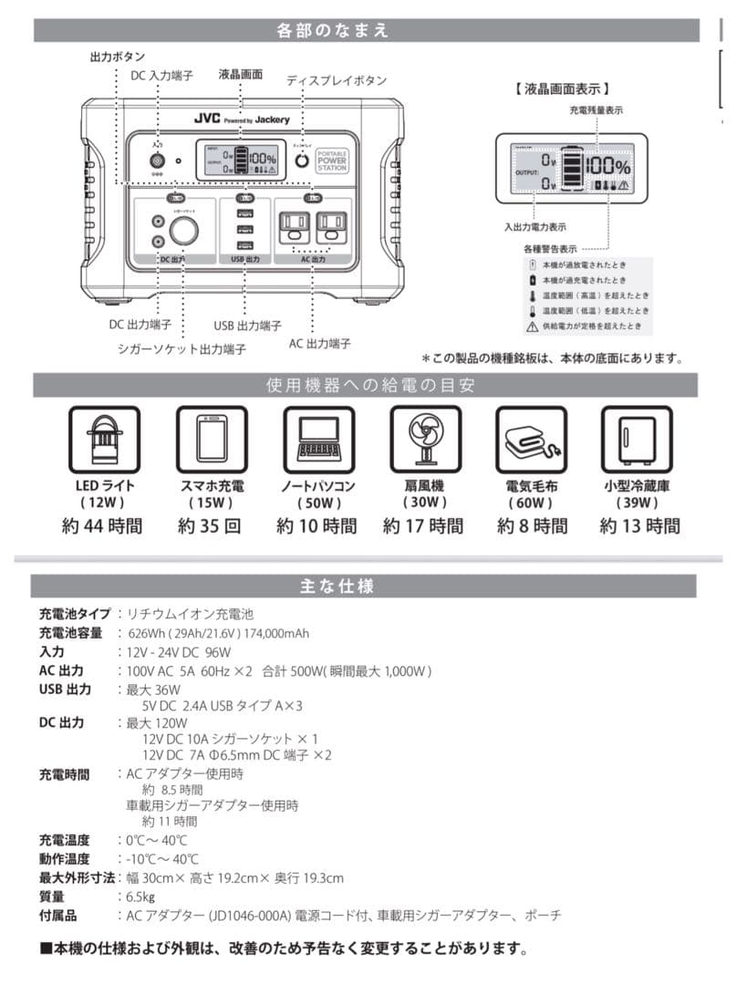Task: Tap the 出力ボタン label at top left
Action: pos(118,57)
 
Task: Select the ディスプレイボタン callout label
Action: pos(337,80)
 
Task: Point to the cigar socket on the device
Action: pos(183,232)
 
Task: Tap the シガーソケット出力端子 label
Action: pos(182,348)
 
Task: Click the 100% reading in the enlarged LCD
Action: pos(607,167)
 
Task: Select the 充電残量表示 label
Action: pos(597,110)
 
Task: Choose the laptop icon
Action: pos(317,437)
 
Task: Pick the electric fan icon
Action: pos(423,437)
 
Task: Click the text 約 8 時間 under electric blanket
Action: pos(531,526)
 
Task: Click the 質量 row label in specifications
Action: pos(52,897)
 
